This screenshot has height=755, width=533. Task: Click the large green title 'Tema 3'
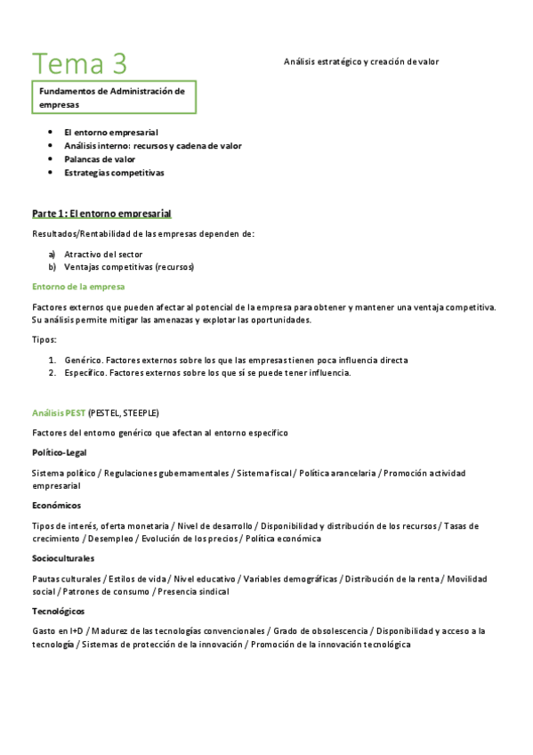click(80, 63)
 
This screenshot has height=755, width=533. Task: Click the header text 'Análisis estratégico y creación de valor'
click(361, 61)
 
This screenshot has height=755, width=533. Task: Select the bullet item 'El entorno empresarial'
click(111, 132)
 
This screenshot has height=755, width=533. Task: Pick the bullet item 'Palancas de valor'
click(100, 158)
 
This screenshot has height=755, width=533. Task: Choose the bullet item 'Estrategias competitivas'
click(114, 172)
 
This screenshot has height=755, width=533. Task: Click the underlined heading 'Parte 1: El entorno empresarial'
click(101, 214)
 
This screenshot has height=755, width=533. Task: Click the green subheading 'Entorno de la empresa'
click(78, 287)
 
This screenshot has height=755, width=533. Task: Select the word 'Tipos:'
click(44, 339)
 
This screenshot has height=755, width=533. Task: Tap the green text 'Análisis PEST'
click(59, 413)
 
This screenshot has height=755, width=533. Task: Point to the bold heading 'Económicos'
click(56, 505)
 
